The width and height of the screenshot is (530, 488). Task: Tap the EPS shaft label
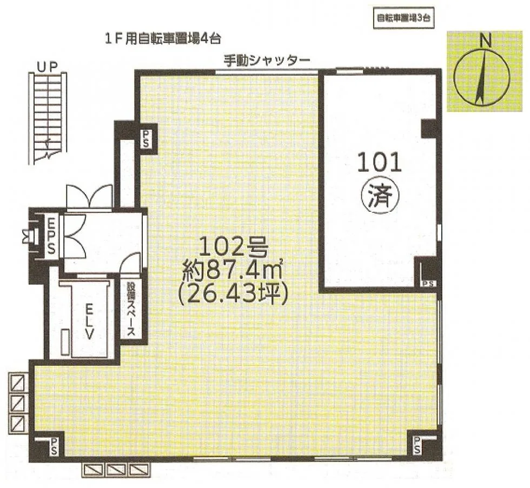click(x=51, y=236)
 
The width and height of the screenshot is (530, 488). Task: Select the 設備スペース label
click(x=131, y=309)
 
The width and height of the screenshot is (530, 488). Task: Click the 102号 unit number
click(x=234, y=246)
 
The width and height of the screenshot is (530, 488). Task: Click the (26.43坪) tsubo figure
click(x=233, y=294)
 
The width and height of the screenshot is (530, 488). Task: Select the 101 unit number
click(x=379, y=162)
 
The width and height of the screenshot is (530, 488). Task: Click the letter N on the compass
click(x=486, y=41)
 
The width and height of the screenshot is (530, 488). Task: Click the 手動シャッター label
click(x=267, y=61)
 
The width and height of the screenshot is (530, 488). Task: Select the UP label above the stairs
click(x=48, y=67)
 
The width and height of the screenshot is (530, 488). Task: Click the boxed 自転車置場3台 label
click(x=403, y=18)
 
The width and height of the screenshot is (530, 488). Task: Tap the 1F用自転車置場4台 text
click(x=163, y=39)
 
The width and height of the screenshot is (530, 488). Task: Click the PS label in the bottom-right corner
click(x=416, y=445)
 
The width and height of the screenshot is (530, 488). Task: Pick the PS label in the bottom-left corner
click(x=54, y=446)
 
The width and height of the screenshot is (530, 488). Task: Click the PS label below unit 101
click(x=428, y=284)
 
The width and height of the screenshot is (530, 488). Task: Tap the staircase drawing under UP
click(x=48, y=118)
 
